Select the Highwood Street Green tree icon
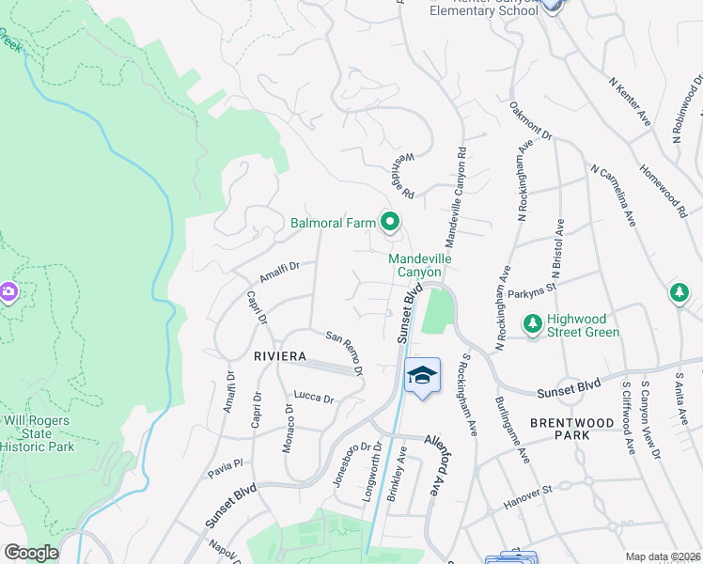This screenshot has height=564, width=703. click(x=533, y=324)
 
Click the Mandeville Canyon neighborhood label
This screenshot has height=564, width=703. click(x=414, y=264)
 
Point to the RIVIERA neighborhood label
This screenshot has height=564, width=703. click(x=280, y=356)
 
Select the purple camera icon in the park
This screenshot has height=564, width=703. click(x=8, y=292)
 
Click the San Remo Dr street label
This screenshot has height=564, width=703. click(x=345, y=352)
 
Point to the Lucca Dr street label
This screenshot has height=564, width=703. click(x=314, y=398)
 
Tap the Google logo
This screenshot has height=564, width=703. click(x=30, y=553)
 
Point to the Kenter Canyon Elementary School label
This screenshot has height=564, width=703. click(x=483, y=8)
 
